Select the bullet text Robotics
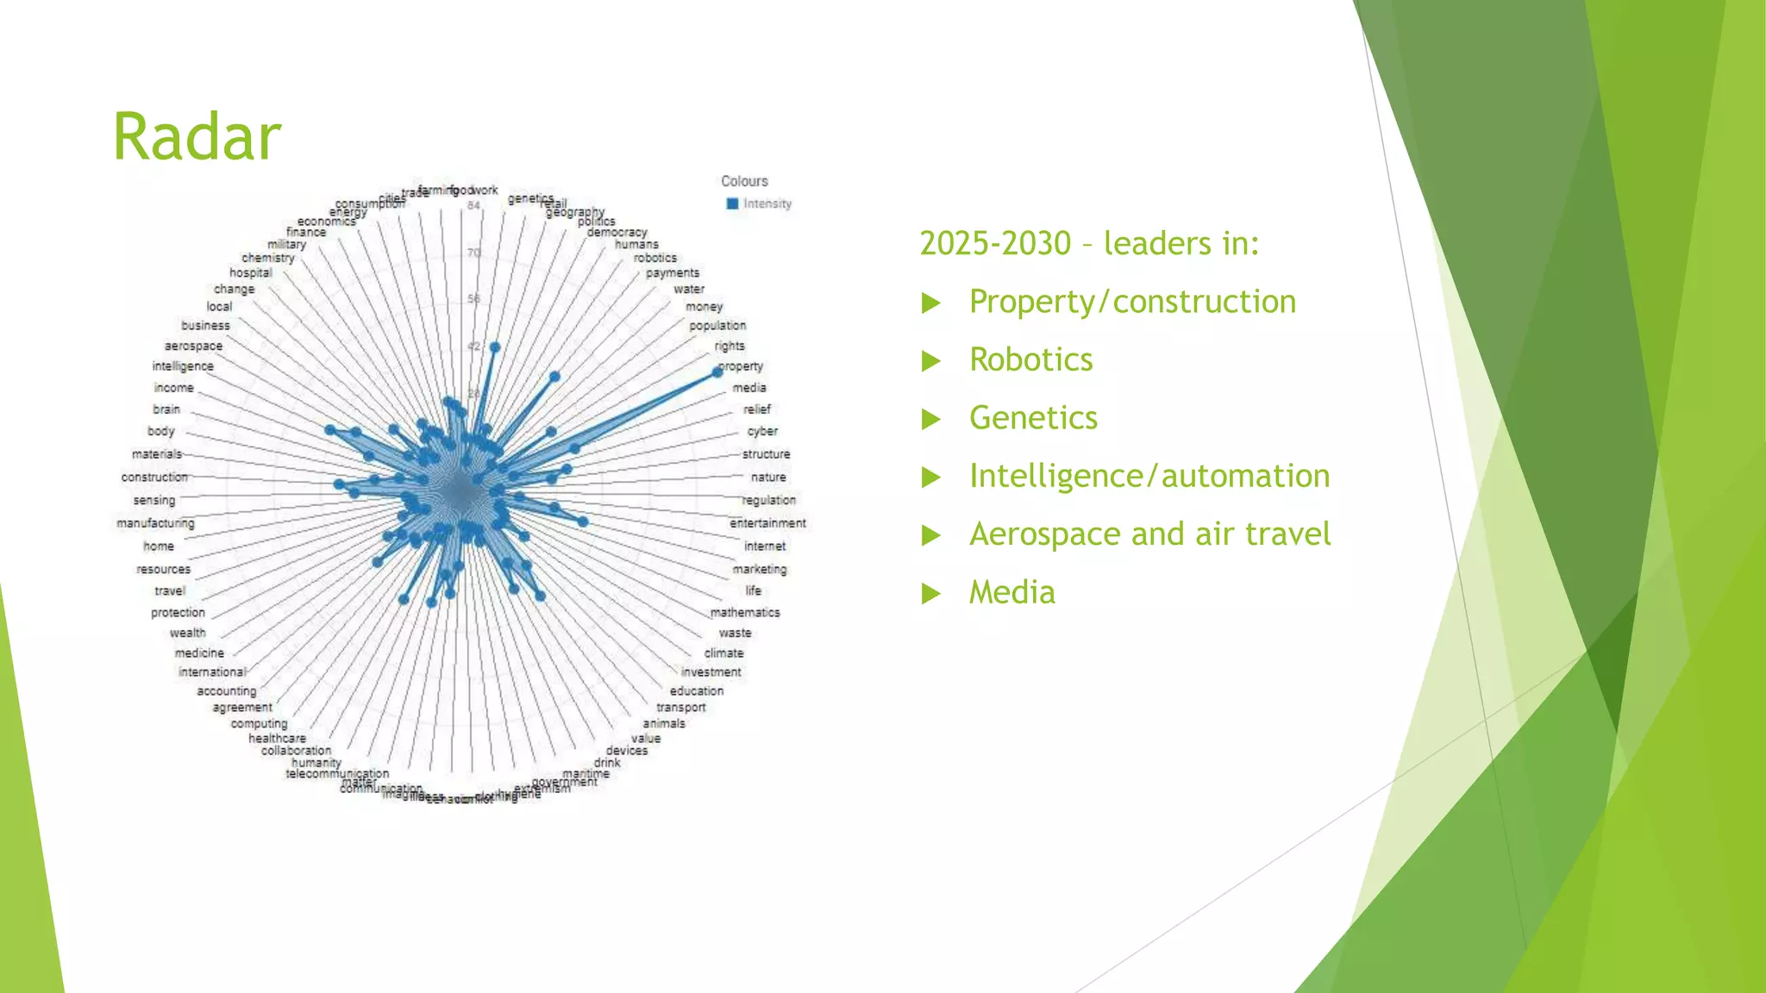[x=1030, y=359]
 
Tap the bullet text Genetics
[x=1033, y=418]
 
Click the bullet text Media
[x=1011, y=592]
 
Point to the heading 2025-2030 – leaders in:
[x=1089, y=244]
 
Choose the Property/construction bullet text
[x=1132, y=302]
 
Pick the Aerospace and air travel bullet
[x=1149, y=534]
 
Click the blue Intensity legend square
[x=732, y=203]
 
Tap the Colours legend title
[x=744, y=181]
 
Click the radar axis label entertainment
[x=767, y=523]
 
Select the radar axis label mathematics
[x=745, y=612]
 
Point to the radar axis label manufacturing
[x=155, y=523]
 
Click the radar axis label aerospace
[x=193, y=346]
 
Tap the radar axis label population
[x=717, y=326]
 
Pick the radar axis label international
[x=211, y=672]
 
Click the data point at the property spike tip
[x=717, y=372]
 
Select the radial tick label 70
[x=473, y=253]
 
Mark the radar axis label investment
[x=711, y=672]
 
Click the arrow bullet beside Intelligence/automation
[x=930, y=477]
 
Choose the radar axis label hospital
[x=250, y=273]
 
